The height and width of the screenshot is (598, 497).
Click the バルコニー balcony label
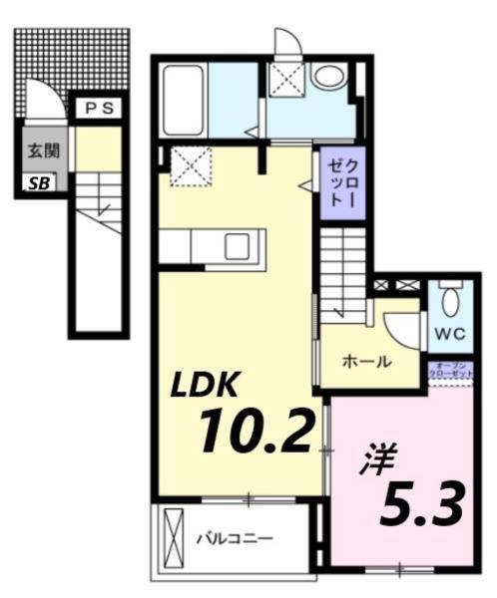coord(234,539)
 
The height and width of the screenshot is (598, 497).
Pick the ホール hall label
coord(365,362)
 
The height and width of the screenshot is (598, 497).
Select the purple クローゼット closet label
coord(342,182)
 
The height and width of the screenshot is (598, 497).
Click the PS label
coord(97,108)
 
